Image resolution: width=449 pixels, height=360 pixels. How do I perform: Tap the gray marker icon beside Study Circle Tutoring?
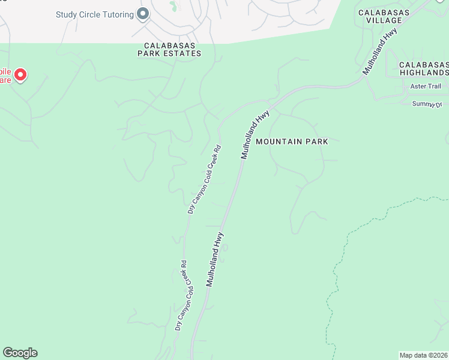pos(143,14)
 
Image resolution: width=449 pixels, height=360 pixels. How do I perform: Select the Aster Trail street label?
pos(426,86)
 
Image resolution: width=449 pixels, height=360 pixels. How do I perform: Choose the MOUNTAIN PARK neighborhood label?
pos(292,142)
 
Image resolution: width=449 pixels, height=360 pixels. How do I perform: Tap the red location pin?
pos(20,75)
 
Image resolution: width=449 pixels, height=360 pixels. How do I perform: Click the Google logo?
pos(20,353)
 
